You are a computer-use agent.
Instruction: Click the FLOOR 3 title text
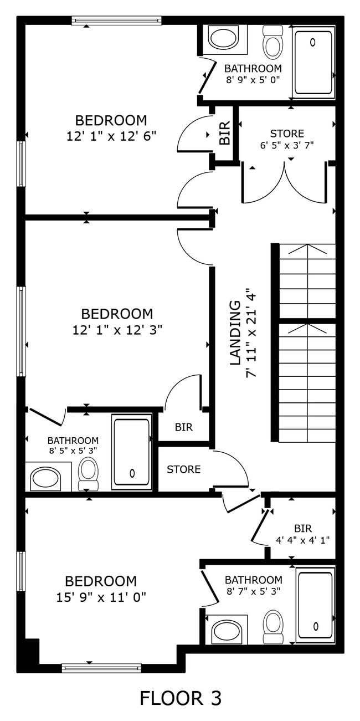(x=180, y=698)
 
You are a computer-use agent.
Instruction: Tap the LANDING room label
(x=235, y=333)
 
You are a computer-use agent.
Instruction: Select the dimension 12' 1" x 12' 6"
(x=111, y=136)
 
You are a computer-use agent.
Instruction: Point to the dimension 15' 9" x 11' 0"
(x=101, y=597)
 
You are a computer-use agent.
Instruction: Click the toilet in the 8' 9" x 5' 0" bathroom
(x=272, y=43)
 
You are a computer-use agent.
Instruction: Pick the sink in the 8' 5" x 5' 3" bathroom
(x=45, y=478)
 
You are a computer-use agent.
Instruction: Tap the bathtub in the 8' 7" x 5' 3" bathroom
(x=315, y=604)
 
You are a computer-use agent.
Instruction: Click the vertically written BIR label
(x=224, y=133)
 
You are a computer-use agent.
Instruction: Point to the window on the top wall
(x=116, y=21)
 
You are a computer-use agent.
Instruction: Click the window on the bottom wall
(x=101, y=668)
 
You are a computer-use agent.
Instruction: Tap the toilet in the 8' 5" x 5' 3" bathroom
(x=88, y=472)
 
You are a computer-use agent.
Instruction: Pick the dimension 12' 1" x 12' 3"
(x=117, y=330)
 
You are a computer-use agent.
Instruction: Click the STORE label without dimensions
(x=184, y=469)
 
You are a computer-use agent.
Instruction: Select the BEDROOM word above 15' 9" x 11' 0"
(x=101, y=581)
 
